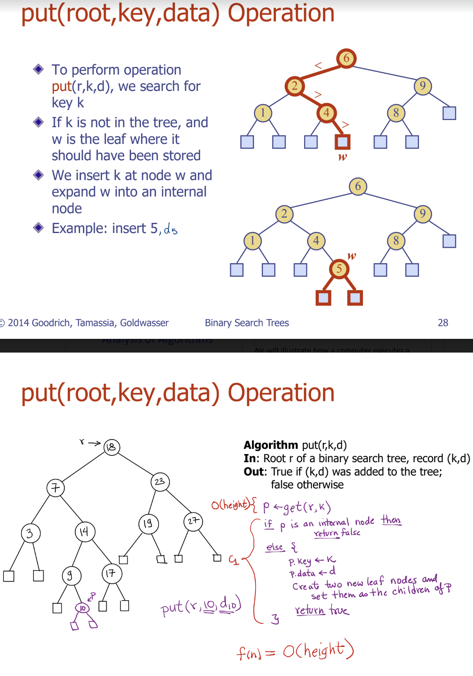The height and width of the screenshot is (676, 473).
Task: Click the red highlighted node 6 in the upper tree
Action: tap(346, 58)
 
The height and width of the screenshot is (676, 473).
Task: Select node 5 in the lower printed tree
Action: tap(339, 269)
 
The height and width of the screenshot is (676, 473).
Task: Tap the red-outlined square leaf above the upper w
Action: tap(342, 142)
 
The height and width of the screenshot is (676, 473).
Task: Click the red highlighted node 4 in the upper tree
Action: tap(326, 113)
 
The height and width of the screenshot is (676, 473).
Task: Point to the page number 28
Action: tap(443, 323)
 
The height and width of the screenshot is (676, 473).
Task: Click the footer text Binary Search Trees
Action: tap(247, 323)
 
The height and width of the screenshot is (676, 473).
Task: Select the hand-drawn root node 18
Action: tap(112, 447)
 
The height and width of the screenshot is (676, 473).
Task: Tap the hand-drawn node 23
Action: tap(160, 482)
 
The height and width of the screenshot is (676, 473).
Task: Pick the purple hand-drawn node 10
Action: tap(82, 607)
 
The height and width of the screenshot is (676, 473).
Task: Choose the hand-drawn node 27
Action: tap(193, 521)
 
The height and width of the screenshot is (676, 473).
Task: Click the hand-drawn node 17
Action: tap(111, 574)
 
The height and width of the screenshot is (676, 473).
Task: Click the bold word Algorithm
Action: tap(271, 445)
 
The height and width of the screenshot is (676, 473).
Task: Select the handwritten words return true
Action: tap(322, 610)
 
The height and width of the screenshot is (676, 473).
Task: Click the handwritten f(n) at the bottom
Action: tap(248, 652)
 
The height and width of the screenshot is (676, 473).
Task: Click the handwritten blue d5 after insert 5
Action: tap(171, 230)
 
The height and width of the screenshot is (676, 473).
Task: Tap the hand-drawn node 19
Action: tap(148, 523)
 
